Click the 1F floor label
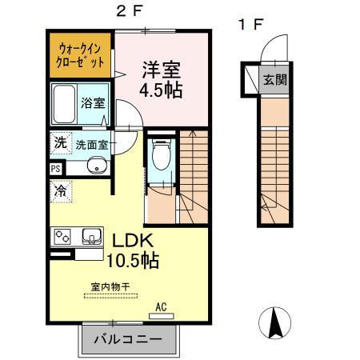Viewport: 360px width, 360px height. (249, 23)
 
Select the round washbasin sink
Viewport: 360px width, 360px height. (98, 168)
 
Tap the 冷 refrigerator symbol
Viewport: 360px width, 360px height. (60, 190)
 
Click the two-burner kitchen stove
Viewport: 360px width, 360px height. (63, 236)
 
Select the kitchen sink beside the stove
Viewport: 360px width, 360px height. (90, 236)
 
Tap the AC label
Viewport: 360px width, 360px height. (162, 305)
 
